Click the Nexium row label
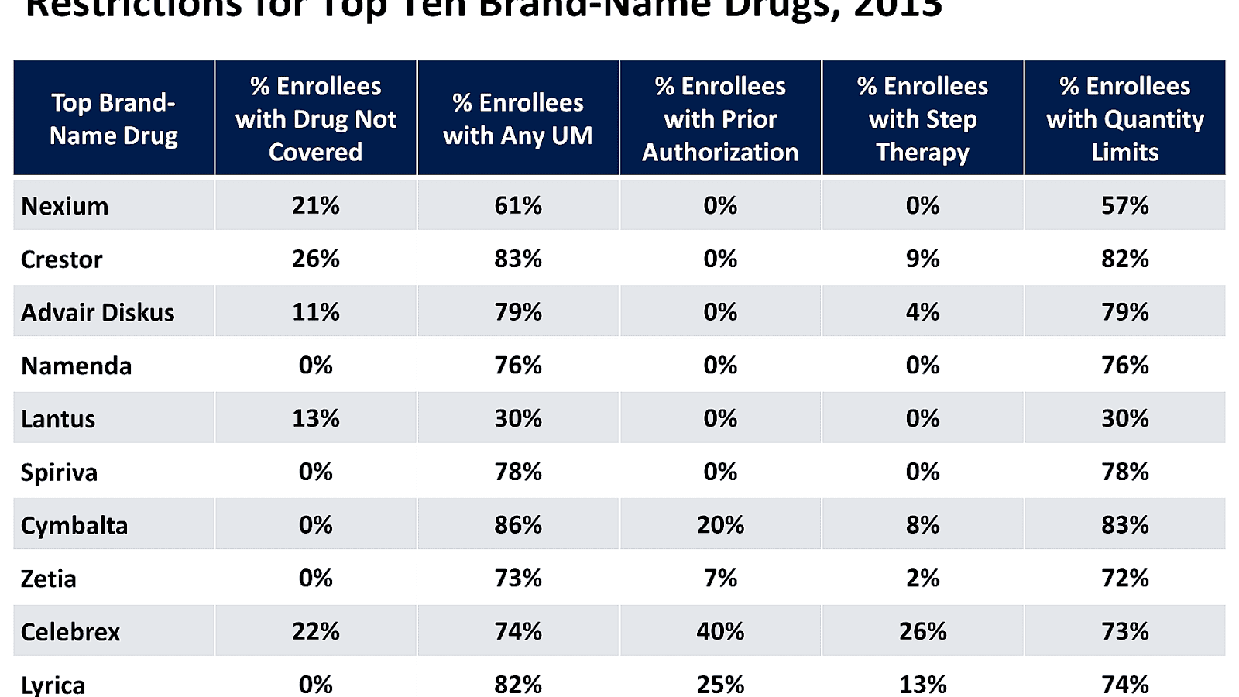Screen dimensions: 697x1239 click(x=65, y=206)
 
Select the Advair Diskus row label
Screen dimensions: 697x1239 click(x=98, y=312)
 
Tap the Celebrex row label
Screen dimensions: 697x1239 click(x=70, y=632)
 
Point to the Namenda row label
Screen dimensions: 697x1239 click(x=77, y=366)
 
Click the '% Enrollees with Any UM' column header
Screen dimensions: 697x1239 click(x=518, y=118)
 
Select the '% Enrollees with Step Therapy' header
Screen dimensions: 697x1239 click(x=922, y=118)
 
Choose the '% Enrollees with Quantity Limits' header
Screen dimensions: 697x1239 click(x=1125, y=118)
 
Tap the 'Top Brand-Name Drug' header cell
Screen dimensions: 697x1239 click(x=114, y=118)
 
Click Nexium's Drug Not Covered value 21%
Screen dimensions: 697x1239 click(x=316, y=205)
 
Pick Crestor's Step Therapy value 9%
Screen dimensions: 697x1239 click(x=922, y=259)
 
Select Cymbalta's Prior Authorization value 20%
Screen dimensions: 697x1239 click(x=720, y=525)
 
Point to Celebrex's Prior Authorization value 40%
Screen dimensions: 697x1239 click(x=720, y=631)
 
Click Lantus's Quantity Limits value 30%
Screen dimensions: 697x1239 click(x=1125, y=418)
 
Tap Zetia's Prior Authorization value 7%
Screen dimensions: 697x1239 click(x=720, y=578)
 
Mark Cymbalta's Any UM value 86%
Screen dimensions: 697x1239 click(x=518, y=525)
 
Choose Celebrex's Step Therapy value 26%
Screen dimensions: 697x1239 click(x=922, y=631)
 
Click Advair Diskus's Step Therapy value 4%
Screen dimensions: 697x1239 click(x=922, y=312)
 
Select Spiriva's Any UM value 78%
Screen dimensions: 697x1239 click(x=518, y=472)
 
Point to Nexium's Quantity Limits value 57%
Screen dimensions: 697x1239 click(x=1125, y=205)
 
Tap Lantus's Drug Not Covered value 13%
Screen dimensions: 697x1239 click(x=316, y=418)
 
